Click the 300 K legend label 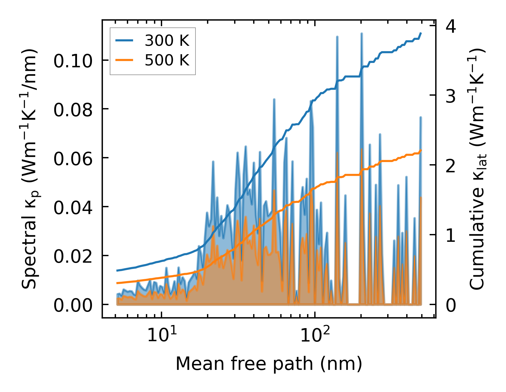coord(167,41)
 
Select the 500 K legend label coord(167,60)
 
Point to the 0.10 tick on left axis coord(73,61)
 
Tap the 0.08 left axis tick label coord(73,110)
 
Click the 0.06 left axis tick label coord(73,159)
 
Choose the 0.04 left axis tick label coord(73,208)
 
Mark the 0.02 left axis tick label coord(73,256)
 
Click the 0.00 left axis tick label coord(73,305)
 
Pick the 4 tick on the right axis coord(451,26)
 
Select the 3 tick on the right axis coord(451,96)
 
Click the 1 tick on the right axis coord(451,236)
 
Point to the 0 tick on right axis coord(451,305)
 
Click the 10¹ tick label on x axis coord(161,334)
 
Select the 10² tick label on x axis coord(315,334)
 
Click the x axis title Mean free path coord(269,364)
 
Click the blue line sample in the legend coord(124,41)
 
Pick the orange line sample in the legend coord(124,60)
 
